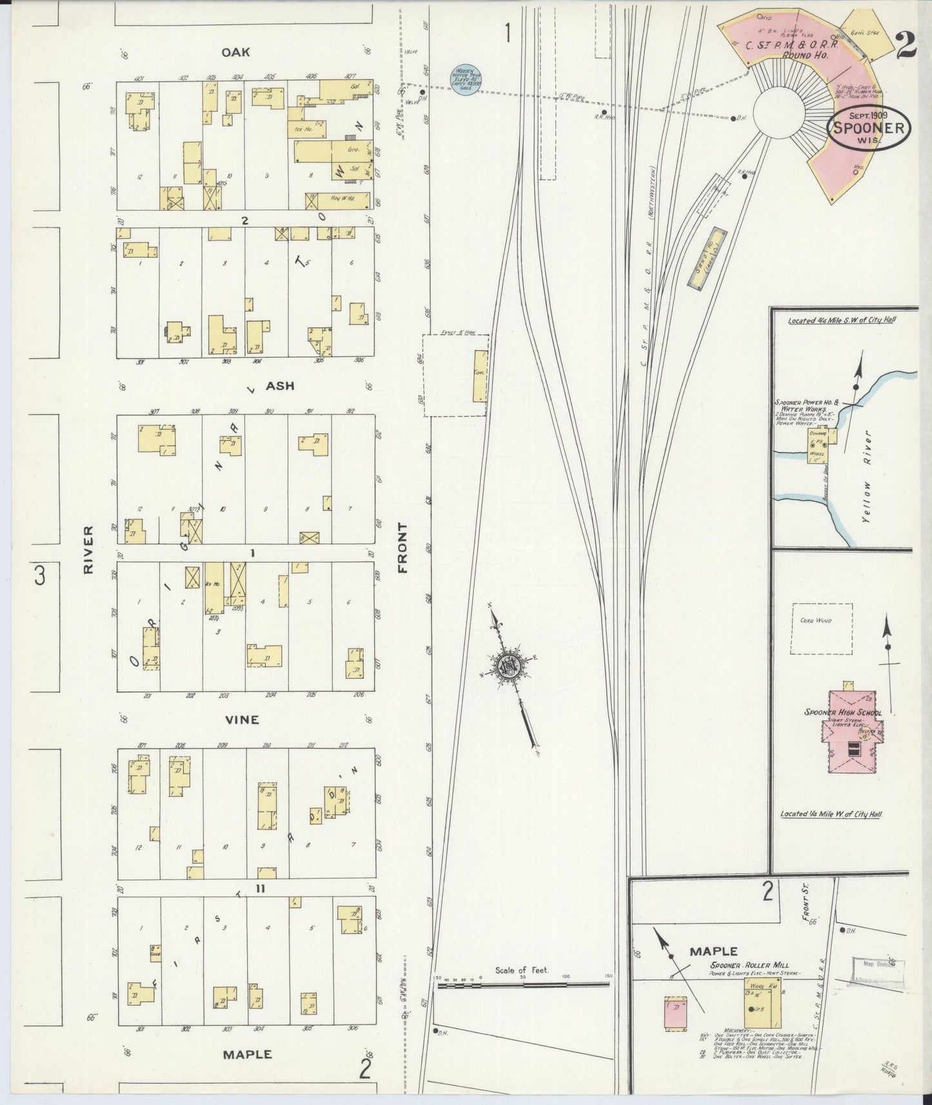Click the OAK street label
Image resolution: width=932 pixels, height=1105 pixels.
(x=235, y=52)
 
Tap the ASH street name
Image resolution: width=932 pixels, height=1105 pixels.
(x=280, y=386)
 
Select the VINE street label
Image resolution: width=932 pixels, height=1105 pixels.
(x=242, y=719)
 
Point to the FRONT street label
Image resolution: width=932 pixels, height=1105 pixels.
(x=403, y=548)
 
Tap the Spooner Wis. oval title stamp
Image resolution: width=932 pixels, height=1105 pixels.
(x=871, y=128)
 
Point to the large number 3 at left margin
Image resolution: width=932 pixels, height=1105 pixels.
(x=41, y=574)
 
